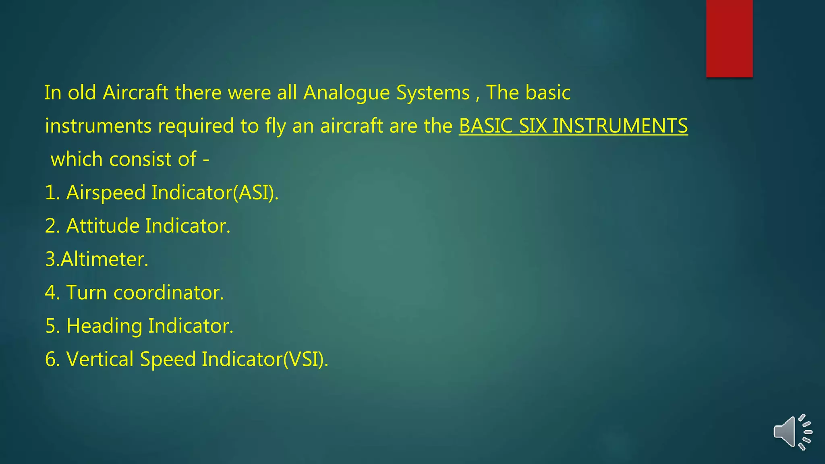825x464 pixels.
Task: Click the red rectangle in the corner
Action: click(x=729, y=38)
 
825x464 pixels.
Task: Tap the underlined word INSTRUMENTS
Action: click(x=620, y=126)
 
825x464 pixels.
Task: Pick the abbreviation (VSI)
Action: click(x=305, y=359)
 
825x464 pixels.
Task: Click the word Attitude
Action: click(x=103, y=226)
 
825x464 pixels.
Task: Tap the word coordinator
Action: click(x=168, y=292)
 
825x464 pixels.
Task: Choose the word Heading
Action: click(x=104, y=326)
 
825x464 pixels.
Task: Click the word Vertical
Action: click(x=99, y=359)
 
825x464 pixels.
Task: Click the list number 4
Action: click(x=52, y=292)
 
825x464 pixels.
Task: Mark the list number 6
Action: click(x=52, y=359)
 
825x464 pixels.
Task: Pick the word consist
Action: click(x=141, y=159)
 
